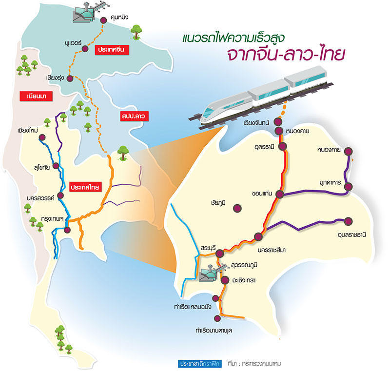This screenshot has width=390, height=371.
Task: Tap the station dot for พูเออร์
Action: (x=85, y=48)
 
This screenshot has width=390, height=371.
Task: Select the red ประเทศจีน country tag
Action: (x=111, y=50)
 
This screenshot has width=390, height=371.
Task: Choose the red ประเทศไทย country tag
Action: (x=85, y=187)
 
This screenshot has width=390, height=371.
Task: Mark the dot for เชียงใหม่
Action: (x=42, y=137)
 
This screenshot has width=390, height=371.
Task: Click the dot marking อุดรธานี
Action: (x=283, y=146)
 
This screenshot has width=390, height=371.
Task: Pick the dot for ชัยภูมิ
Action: (x=237, y=208)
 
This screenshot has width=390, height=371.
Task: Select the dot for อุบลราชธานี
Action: (x=348, y=221)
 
